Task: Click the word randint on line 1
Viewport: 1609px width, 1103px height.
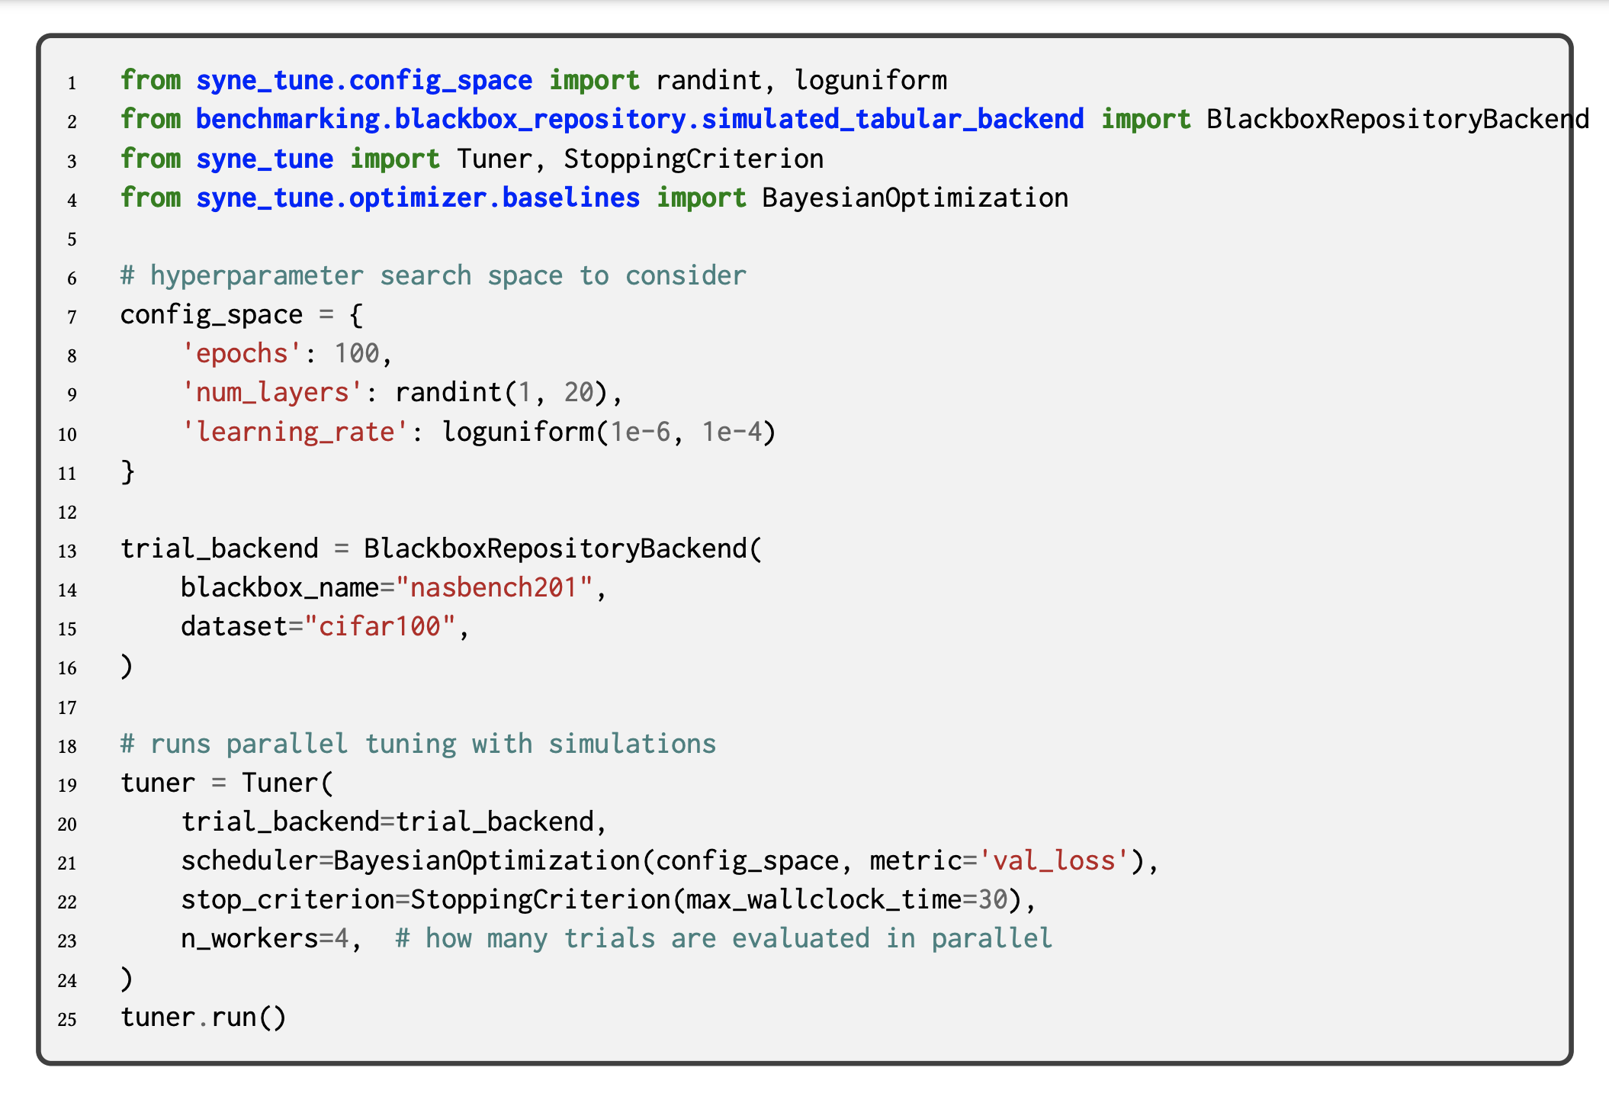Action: [x=708, y=80]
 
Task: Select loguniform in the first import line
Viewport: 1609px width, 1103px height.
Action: [x=870, y=80]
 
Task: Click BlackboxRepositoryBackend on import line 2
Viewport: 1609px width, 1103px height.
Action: [x=1397, y=119]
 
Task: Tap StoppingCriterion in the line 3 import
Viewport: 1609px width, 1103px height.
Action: [x=693, y=159]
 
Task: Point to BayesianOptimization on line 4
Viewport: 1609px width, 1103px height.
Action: [x=915, y=198]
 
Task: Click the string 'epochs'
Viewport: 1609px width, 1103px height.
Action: [x=242, y=353]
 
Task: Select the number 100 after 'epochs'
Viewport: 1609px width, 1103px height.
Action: [x=357, y=353]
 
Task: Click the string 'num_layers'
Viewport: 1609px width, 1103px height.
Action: [x=272, y=392]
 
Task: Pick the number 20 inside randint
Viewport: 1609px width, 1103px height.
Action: [x=579, y=392]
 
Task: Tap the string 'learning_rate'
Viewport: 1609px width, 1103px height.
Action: [x=296, y=432]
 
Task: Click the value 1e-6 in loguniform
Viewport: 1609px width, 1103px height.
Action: [x=640, y=432]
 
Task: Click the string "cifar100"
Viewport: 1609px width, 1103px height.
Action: [x=380, y=626]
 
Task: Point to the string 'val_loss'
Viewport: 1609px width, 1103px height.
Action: [x=1053, y=860]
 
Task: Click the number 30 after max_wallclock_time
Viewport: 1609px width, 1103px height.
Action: [x=993, y=899]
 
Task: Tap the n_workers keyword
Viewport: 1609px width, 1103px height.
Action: [x=249, y=938]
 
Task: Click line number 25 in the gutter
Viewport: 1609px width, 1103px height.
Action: [x=68, y=1019]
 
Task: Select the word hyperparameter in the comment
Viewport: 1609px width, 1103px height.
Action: [x=257, y=275]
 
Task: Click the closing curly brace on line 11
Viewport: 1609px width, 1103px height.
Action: [x=127, y=471]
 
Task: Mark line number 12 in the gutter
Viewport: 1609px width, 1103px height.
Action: [x=68, y=512]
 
